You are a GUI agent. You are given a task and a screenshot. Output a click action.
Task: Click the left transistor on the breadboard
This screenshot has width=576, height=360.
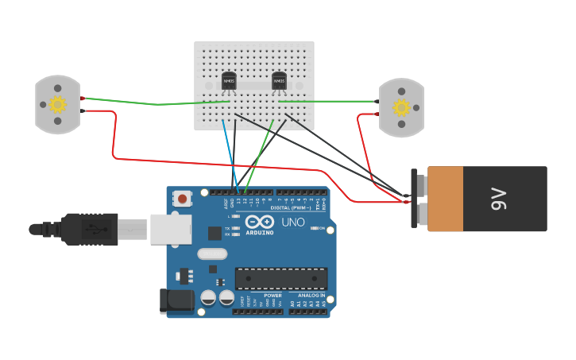tap(229, 80)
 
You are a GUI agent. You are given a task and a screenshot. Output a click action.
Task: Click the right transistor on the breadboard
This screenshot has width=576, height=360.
tap(279, 80)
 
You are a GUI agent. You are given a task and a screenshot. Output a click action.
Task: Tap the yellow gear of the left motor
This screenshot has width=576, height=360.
tap(57, 104)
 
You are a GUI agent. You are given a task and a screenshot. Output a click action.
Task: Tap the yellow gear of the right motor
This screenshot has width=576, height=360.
tap(401, 107)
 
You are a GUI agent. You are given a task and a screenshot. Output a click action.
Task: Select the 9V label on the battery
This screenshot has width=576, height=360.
tap(498, 199)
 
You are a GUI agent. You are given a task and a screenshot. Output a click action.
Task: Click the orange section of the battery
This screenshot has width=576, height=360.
tap(445, 199)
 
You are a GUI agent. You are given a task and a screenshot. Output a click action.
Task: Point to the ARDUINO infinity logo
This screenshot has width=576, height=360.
tap(259, 222)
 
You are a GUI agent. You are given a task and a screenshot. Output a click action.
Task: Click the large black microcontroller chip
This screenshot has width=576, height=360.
tap(280, 278)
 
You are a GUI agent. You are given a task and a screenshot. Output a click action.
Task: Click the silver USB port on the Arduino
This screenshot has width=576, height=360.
tap(171, 229)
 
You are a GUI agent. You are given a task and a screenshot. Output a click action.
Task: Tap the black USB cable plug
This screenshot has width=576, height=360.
tap(90, 229)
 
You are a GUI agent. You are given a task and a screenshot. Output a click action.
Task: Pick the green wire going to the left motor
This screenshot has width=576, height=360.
tap(151, 103)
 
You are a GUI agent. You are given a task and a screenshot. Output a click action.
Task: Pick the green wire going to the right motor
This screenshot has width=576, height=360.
tap(326, 101)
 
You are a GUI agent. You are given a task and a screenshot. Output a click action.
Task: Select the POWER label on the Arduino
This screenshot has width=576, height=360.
tap(273, 296)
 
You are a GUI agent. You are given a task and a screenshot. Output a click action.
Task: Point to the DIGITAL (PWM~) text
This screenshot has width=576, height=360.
tap(290, 207)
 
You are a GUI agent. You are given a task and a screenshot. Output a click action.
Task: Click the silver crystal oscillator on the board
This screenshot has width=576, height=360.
tap(212, 254)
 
